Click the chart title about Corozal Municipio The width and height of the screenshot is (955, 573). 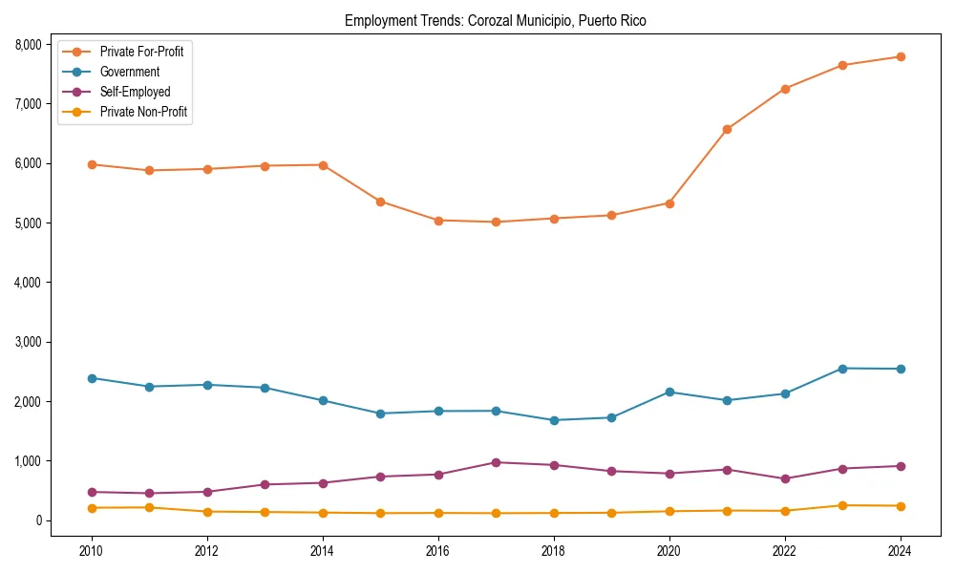[495, 21]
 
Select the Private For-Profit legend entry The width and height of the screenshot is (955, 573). [140, 52]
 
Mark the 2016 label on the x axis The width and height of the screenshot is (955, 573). [438, 551]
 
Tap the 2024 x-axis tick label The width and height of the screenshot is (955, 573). [900, 551]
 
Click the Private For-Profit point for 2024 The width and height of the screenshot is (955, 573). [900, 56]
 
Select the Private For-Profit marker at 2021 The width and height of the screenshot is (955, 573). [727, 129]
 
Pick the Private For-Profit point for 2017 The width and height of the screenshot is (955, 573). [496, 222]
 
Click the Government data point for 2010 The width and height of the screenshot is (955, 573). [92, 378]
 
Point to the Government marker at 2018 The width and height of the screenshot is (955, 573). [554, 420]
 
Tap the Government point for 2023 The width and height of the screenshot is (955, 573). [842, 369]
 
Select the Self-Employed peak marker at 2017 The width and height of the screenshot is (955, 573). [496, 462]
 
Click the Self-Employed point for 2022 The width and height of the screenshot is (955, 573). [784, 478]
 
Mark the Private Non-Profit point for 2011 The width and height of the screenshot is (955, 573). [150, 507]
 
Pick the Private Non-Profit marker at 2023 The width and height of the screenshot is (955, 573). [842, 505]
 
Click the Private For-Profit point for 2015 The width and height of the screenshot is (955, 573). [380, 202]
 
